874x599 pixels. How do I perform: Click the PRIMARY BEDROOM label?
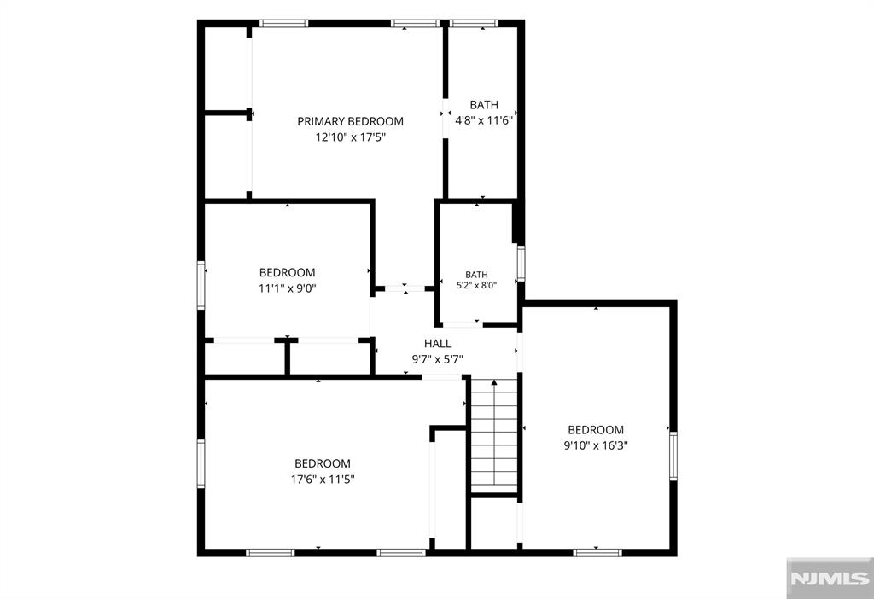click(350, 121)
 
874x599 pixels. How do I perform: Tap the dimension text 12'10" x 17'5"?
click(351, 137)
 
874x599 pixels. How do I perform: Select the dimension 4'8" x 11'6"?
click(484, 119)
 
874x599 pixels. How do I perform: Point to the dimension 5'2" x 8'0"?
click(476, 285)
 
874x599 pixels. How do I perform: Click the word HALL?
click(438, 344)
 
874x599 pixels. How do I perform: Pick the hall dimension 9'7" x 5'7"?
click(438, 359)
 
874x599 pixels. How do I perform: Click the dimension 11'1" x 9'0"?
click(287, 288)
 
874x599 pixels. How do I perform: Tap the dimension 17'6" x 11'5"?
click(323, 479)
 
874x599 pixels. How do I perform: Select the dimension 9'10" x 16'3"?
click(596, 445)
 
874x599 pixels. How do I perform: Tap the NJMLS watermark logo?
click(830, 578)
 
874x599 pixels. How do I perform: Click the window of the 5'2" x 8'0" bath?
click(521, 263)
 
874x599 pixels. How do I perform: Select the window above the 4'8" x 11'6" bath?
click(473, 23)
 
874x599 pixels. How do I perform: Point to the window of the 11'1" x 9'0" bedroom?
click(201, 285)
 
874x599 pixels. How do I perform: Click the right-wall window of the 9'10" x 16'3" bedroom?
click(673, 456)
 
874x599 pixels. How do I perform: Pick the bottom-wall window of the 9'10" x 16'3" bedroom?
click(597, 553)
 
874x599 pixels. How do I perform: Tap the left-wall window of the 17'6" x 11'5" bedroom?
click(201, 464)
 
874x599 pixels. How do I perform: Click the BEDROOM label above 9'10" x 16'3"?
click(596, 429)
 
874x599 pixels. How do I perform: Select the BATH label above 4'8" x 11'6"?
click(484, 104)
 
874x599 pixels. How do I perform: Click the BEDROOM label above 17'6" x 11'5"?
click(323, 463)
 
